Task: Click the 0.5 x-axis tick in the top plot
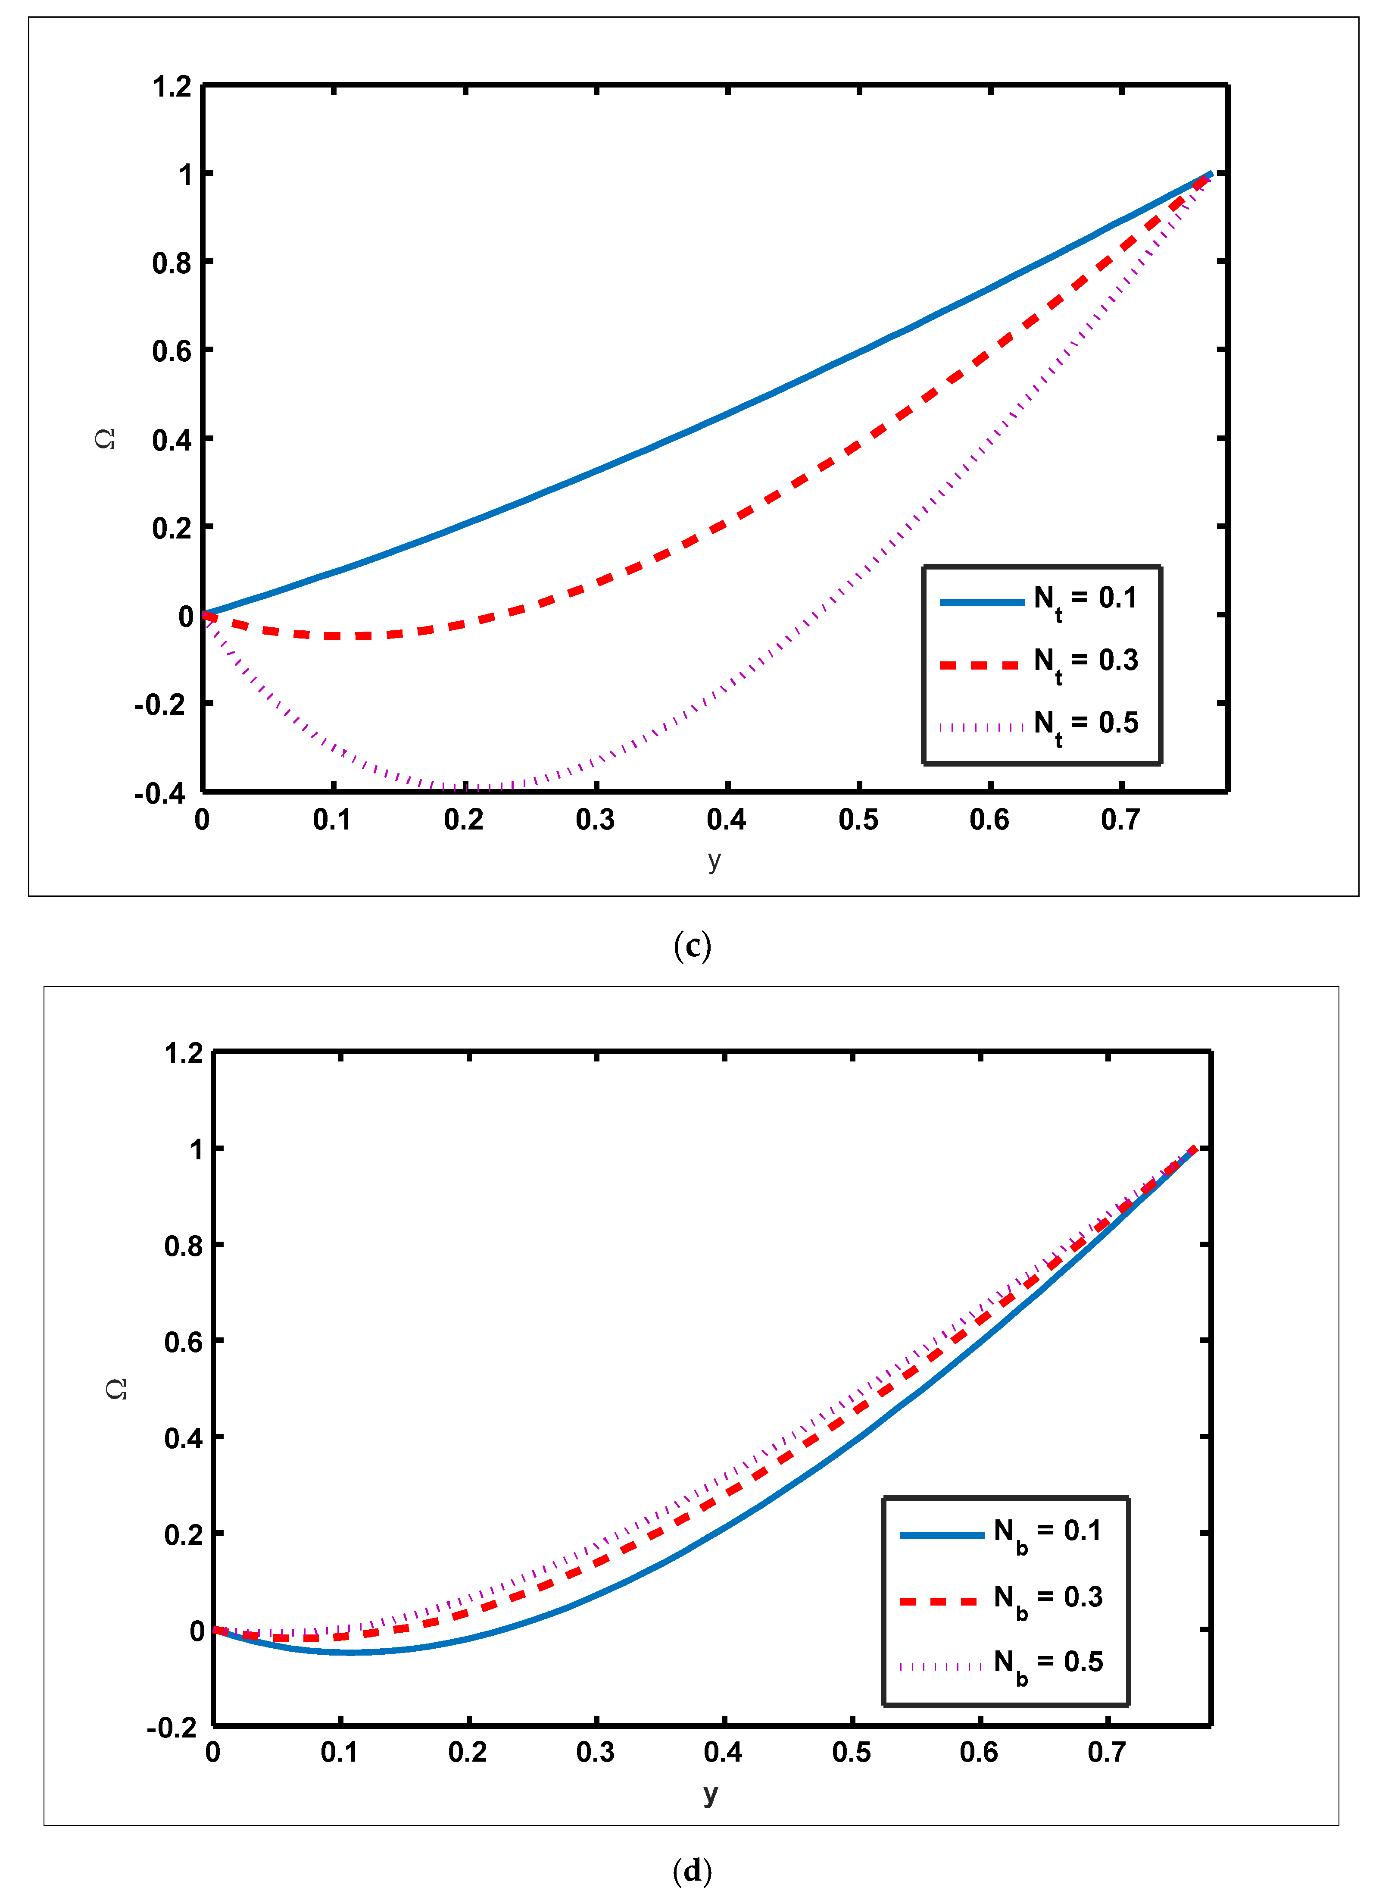858,820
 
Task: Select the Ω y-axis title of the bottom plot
117,1389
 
